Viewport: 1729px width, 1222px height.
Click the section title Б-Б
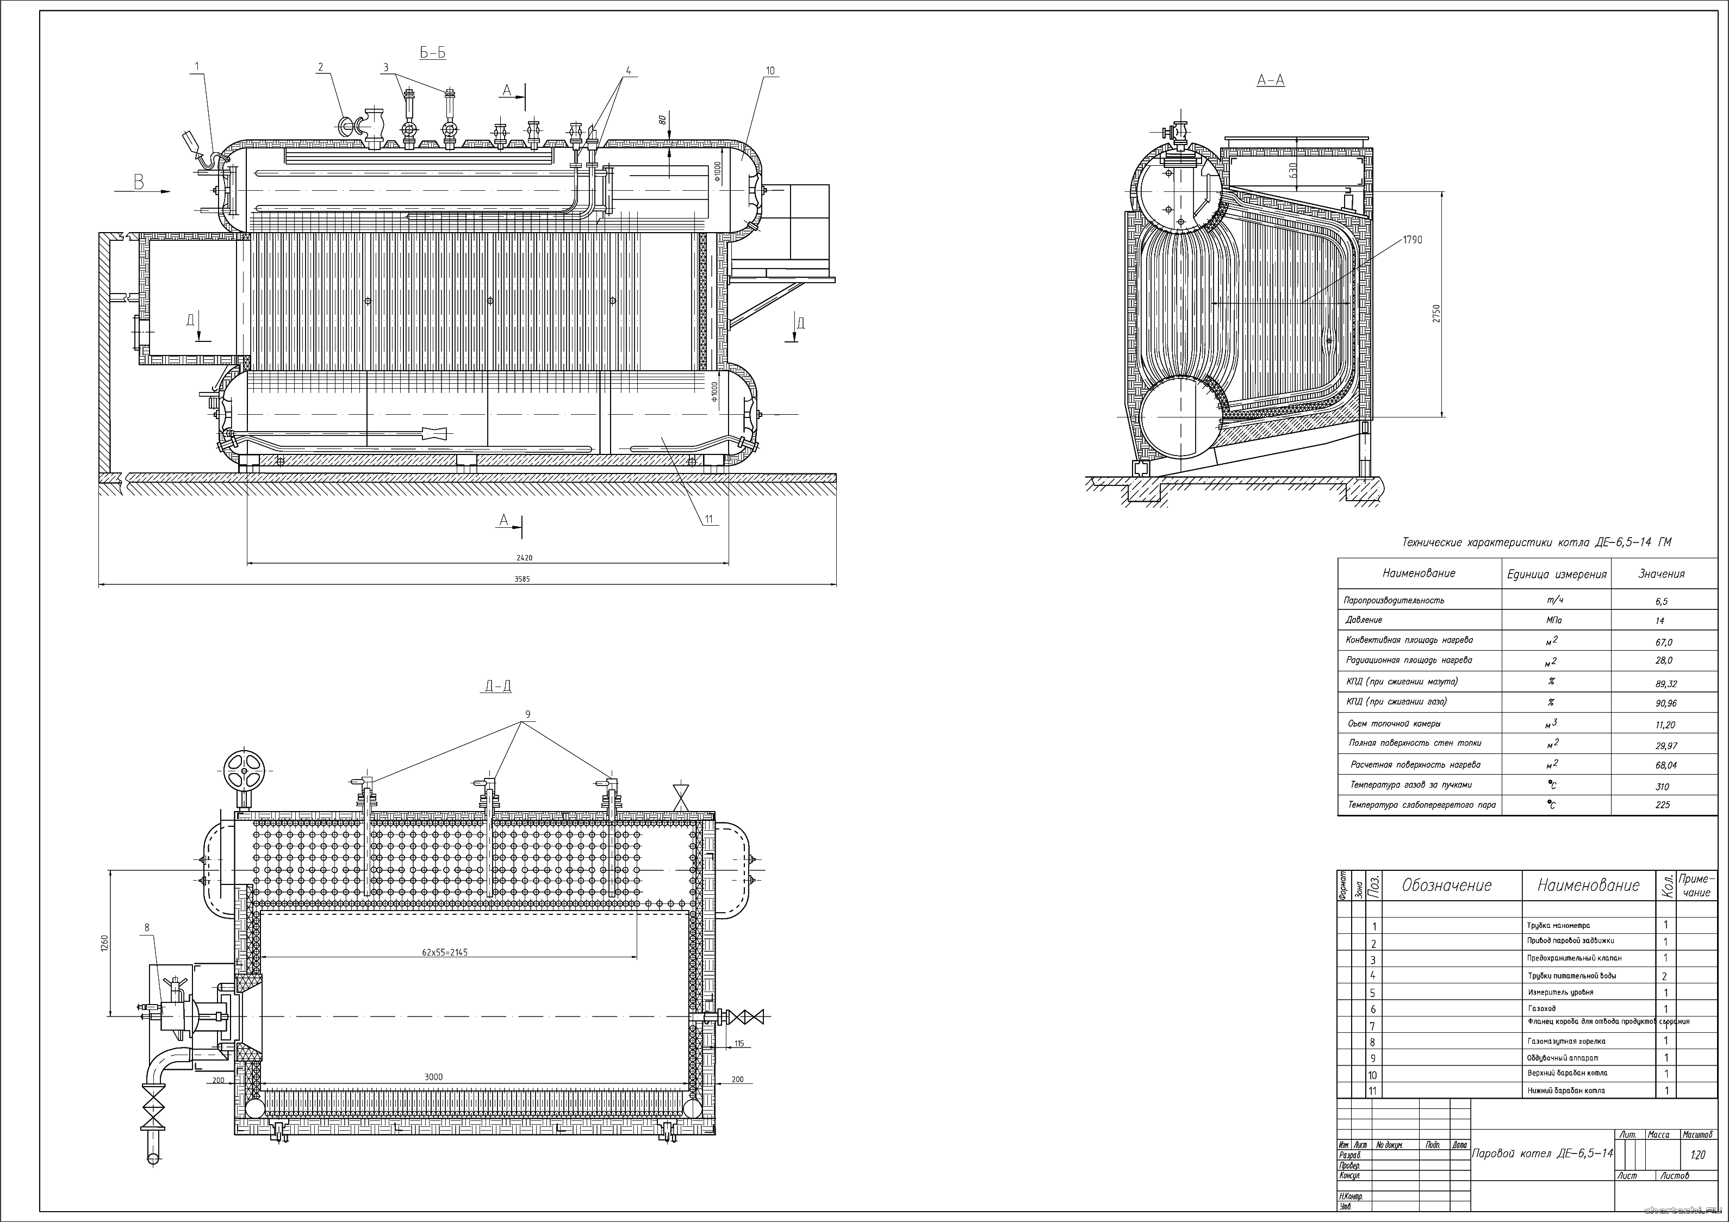(x=432, y=53)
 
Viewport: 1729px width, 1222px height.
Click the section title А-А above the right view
(x=1271, y=80)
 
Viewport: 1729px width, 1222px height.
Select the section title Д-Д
(x=497, y=687)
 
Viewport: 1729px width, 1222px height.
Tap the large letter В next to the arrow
(x=139, y=182)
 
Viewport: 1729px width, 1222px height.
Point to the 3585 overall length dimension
(x=521, y=579)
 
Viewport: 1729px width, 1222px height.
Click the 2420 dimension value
(x=524, y=558)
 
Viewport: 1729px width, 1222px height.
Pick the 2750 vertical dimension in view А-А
(x=1437, y=314)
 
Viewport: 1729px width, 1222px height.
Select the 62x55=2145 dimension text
(x=445, y=952)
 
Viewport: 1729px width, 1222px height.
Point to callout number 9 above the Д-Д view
(x=528, y=714)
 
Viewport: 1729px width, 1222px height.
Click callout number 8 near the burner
(x=147, y=927)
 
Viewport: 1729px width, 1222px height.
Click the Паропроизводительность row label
(x=1394, y=601)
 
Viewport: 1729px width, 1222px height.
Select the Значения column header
(x=1661, y=573)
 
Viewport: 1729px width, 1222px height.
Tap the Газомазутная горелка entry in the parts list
(x=1566, y=1042)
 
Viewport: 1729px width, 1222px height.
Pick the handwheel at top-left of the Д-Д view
(x=245, y=770)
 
